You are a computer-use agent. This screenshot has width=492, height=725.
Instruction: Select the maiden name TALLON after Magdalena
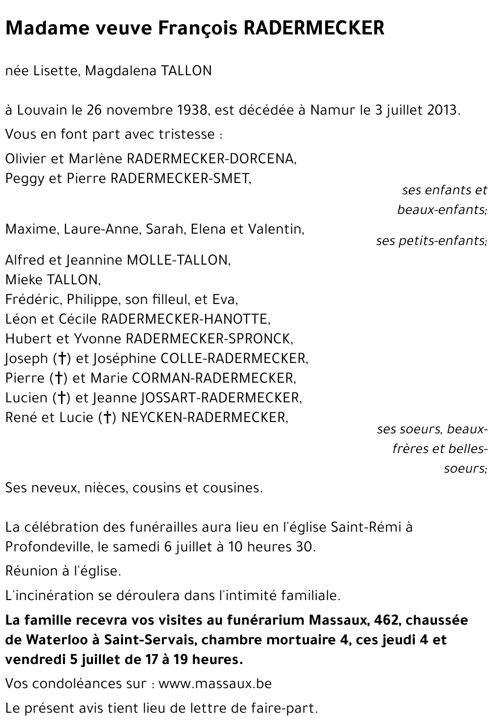[186, 71]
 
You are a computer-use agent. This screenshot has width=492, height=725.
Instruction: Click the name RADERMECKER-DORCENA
[212, 159]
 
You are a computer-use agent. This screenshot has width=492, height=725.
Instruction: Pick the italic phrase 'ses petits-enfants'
[431, 241]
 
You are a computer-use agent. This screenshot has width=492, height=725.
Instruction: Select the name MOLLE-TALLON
[178, 260]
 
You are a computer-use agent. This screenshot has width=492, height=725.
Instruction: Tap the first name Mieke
[24, 280]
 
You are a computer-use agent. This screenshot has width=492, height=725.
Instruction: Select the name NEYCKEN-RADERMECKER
[203, 417]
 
